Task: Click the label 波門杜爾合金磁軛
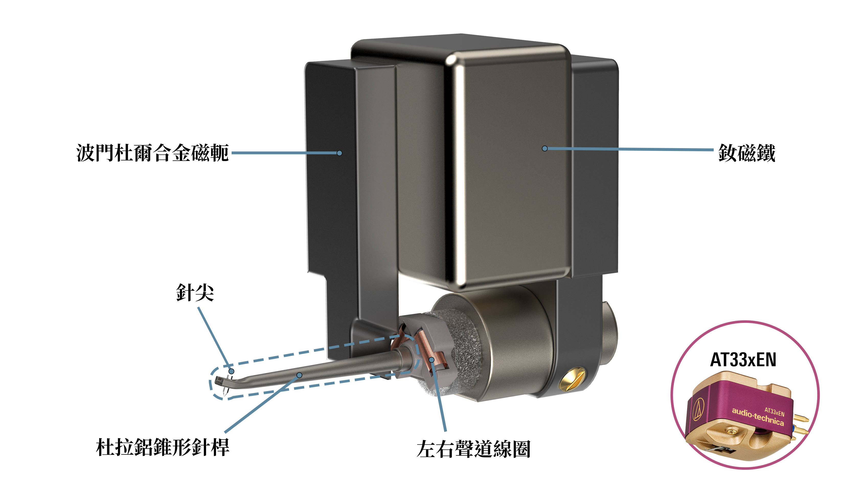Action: [x=152, y=153]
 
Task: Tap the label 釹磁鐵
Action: [x=746, y=153]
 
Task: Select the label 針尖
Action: [x=195, y=293]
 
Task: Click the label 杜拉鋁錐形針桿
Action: [x=162, y=448]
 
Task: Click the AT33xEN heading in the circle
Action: [x=743, y=360]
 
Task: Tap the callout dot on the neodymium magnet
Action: [x=545, y=149]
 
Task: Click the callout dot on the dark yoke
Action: [x=339, y=153]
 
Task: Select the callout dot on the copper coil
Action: [x=431, y=359]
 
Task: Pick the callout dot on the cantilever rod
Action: [x=299, y=375]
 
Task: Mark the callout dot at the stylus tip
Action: [x=232, y=371]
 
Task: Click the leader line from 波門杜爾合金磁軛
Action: [x=285, y=153]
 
